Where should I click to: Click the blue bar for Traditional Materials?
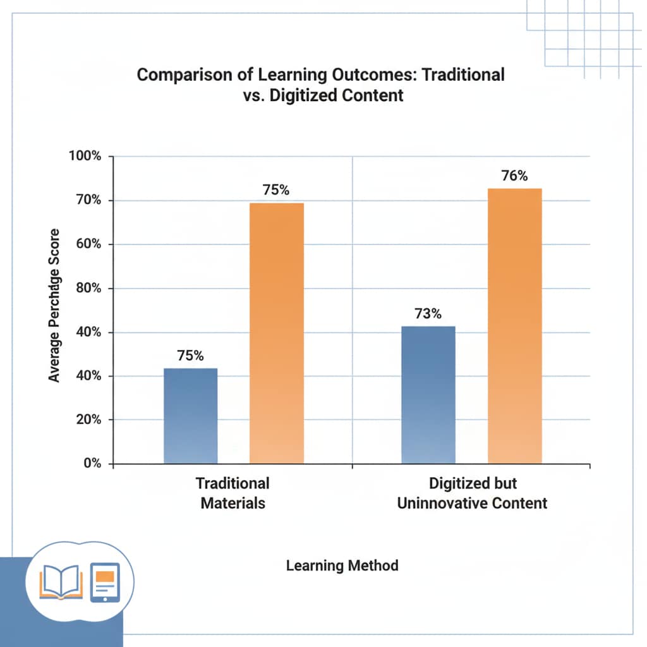pos(190,416)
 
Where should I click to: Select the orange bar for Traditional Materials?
pos(277,333)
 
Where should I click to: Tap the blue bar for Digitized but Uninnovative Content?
pos(428,395)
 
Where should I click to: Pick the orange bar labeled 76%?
pos(514,325)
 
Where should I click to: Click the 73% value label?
pos(428,313)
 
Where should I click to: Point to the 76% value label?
pos(514,176)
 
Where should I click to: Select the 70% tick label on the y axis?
pos(88,200)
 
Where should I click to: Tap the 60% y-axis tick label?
pos(88,245)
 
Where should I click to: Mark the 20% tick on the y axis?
pos(88,420)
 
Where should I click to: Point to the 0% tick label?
pos(91,463)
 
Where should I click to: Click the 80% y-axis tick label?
pos(88,288)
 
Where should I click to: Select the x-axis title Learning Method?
pos(342,565)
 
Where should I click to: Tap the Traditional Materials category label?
pos(233,493)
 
